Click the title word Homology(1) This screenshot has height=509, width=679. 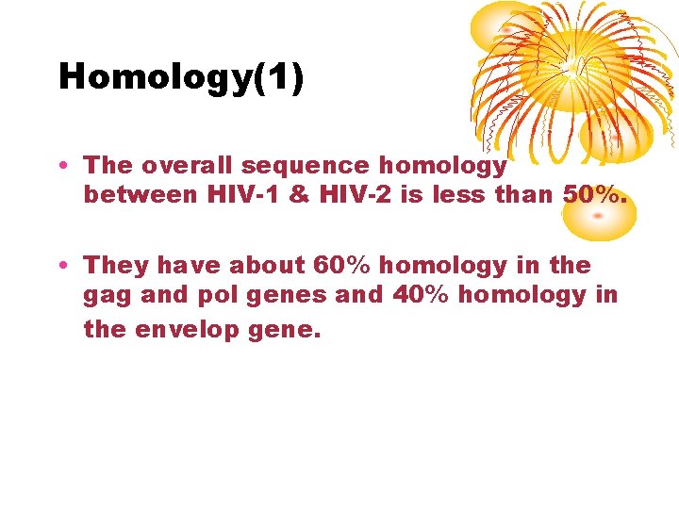[x=181, y=77]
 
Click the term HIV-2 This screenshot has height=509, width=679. [x=348, y=195]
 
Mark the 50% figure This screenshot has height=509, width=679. [x=593, y=195]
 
